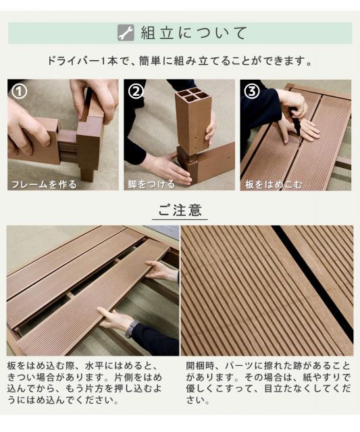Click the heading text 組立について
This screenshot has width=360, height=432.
tap(194, 33)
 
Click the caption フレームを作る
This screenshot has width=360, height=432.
tap(43, 184)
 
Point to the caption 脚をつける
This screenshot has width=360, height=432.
tap(151, 184)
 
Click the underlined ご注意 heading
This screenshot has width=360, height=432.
tap(179, 210)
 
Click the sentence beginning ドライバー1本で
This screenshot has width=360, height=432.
tap(180, 61)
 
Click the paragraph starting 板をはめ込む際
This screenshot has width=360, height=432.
tap(92, 382)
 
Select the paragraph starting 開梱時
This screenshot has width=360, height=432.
tap(269, 382)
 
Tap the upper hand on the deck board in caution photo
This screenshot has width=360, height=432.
tap(161, 271)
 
